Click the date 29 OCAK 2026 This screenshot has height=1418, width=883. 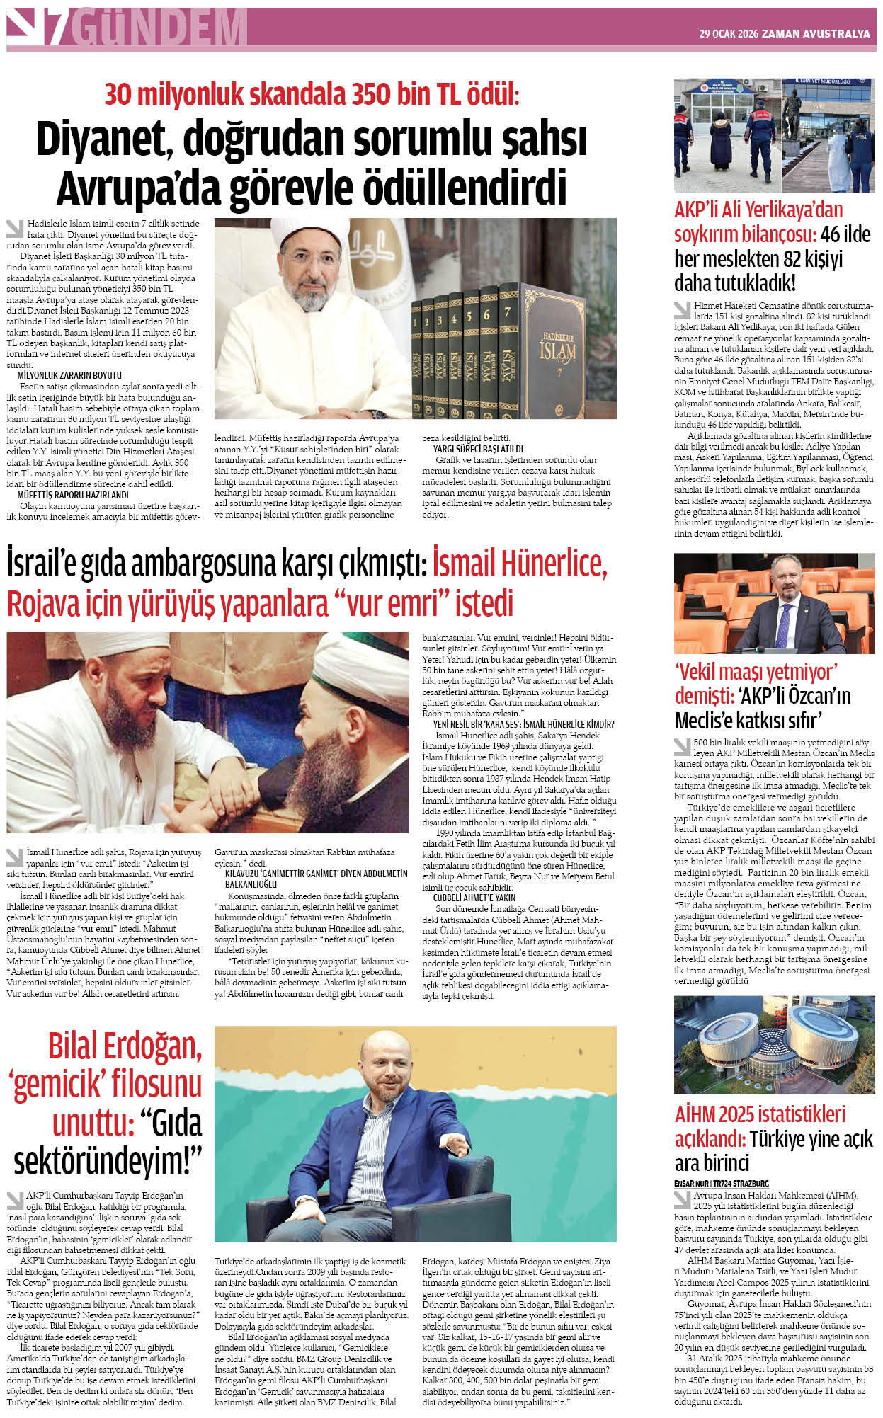pyautogui.click(x=728, y=33)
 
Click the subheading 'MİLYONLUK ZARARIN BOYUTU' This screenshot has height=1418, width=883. pyautogui.click(x=69, y=375)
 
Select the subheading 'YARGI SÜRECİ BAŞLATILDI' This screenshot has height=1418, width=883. pyautogui.click(x=478, y=449)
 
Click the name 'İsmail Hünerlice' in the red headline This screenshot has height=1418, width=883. pyautogui.click(x=520, y=564)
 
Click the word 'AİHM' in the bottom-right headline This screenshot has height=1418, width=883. pyautogui.click(x=695, y=1114)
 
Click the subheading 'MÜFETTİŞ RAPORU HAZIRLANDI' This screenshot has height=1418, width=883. pyautogui.click(x=73, y=495)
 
